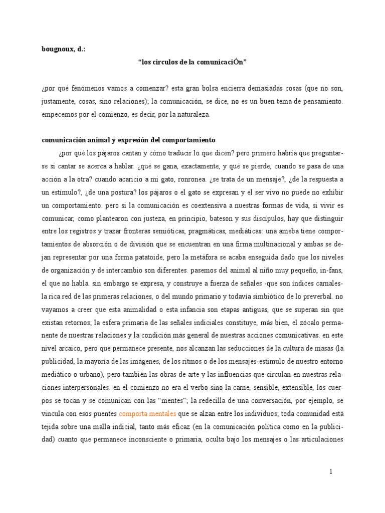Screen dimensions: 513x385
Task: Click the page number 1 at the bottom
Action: pyautogui.click(x=331, y=471)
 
